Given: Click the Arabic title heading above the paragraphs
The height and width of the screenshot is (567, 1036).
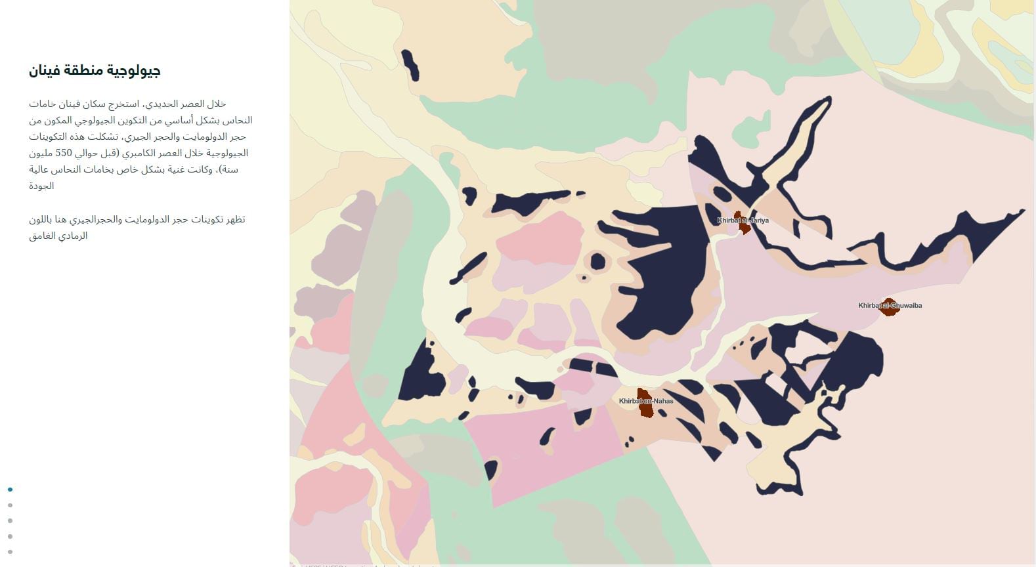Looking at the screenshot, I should [x=95, y=71].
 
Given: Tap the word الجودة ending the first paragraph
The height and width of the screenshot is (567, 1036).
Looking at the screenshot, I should [x=41, y=186].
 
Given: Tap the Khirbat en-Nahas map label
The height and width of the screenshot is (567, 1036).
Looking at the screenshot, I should [x=645, y=401].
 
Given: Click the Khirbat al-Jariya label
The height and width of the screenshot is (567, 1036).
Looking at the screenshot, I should [x=743, y=220].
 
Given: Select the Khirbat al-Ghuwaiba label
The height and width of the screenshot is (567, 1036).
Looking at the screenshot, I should [x=890, y=305].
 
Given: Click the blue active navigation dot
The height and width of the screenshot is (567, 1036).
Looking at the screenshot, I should [x=10, y=490].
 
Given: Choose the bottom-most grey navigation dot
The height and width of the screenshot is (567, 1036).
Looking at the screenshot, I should [x=10, y=552].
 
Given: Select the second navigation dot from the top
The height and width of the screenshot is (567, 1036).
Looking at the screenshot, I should [x=10, y=505].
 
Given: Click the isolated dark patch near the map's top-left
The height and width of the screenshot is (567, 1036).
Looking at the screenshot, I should [x=410, y=65].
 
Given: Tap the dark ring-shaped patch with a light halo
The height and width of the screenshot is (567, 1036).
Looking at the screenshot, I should [x=597, y=262].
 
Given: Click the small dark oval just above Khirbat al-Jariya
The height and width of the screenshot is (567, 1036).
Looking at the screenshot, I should [x=722, y=194].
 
